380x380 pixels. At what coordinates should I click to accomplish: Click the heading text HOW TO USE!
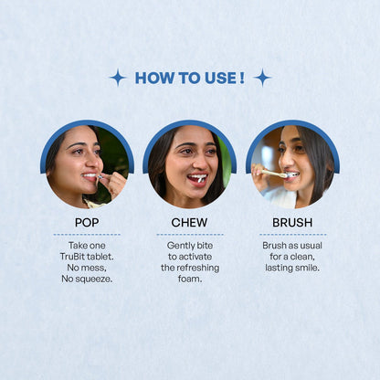pyautogui.click(x=189, y=78)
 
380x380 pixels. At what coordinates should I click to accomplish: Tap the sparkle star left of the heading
pyautogui.click(x=118, y=78)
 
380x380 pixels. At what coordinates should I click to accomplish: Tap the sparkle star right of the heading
pyautogui.click(x=262, y=78)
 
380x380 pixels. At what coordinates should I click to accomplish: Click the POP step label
pyautogui.click(x=87, y=222)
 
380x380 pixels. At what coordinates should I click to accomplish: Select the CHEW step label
pyautogui.click(x=189, y=222)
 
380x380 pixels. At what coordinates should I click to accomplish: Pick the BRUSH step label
pyautogui.click(x=292, y=222)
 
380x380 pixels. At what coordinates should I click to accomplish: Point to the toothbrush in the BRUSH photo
pyautogui.click(x=273, y=173)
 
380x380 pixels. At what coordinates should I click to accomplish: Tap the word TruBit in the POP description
pyautogui.click(x=75, y=257)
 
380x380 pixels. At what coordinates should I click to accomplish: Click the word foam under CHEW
pyautogui.click(x=189, y=279)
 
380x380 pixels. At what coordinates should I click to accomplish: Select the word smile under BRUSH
pyautogui.click(x=305, y=268)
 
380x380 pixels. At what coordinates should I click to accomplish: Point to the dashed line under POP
pyautogui.click(x=87, y=235)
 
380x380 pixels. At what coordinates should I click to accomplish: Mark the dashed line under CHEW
pyautogui.click(x=189, y=235)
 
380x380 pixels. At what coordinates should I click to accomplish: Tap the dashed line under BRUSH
pyautogui.click(x=292, y=235)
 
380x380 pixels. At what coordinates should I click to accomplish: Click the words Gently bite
pyautogui.click(x=189, y=246)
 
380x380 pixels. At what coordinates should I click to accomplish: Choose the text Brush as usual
pyautogui.click(x=292, y=246)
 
